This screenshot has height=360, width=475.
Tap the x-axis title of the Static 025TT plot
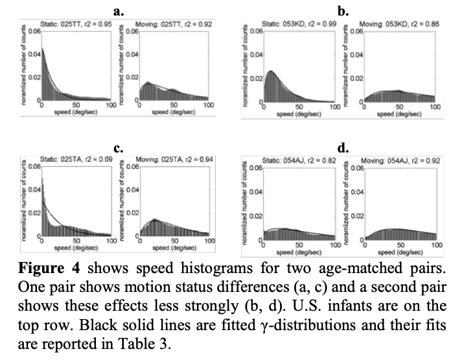76,112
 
